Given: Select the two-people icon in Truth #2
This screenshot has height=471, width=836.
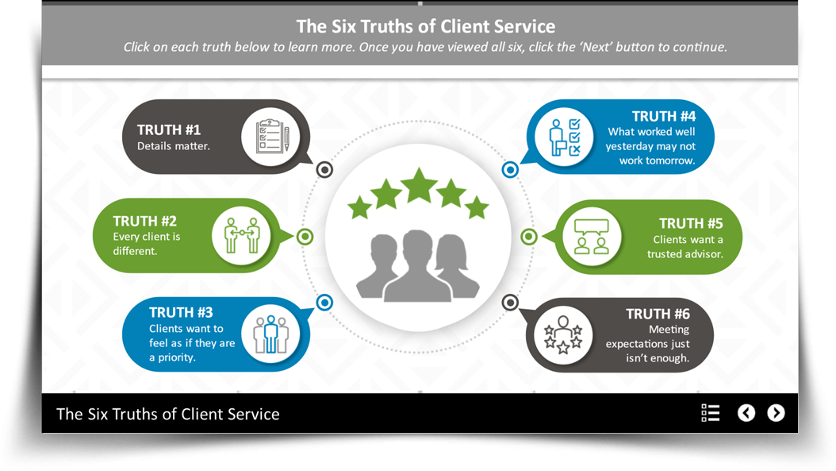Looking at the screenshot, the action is point(241,235).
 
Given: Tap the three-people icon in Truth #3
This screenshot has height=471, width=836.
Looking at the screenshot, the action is point(270,334).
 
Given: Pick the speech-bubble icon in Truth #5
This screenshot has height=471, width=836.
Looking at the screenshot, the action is point(592,236).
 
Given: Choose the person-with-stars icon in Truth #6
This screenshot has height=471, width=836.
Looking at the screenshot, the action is point(564,334).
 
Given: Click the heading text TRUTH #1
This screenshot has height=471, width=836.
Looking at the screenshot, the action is point(169,129).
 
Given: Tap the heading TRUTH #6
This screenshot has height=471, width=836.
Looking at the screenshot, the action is point(658,314).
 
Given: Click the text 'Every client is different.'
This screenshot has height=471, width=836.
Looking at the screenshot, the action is point(147,244).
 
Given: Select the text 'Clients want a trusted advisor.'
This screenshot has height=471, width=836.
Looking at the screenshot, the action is point(685,247).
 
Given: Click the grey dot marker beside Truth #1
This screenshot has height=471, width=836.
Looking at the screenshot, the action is point(324,169).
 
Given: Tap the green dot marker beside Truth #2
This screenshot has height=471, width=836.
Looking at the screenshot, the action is point(305,236).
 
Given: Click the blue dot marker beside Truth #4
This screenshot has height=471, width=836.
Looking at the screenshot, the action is point(510,169).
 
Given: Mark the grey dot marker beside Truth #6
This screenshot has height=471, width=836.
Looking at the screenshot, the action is point(510,303).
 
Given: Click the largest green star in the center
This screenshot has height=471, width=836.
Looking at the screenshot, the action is point(419,185).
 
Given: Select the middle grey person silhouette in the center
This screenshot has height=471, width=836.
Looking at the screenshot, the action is point(418,266).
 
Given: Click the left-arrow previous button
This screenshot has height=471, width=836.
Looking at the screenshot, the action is point(746,413).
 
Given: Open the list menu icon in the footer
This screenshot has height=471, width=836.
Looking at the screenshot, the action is point(711,413).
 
